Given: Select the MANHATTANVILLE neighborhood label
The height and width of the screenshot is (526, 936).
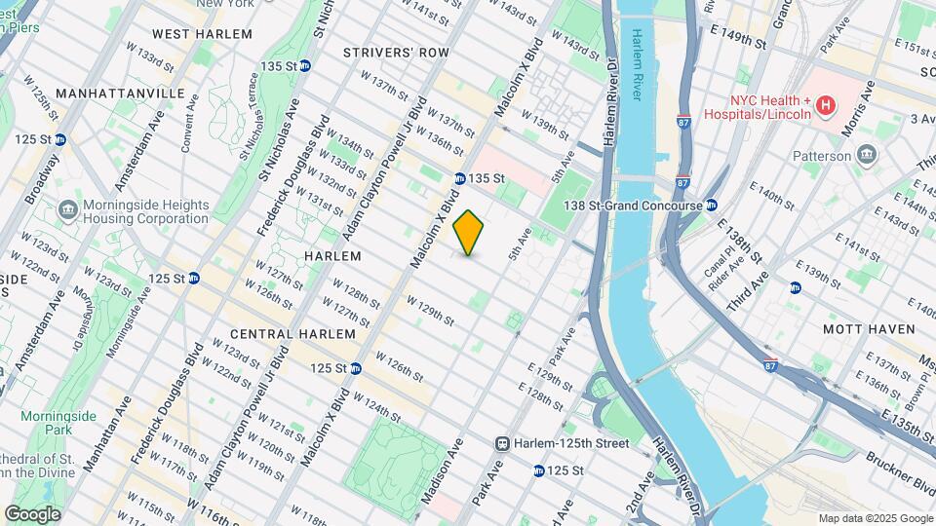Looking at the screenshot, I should pyautogui.click(x=121, y=93).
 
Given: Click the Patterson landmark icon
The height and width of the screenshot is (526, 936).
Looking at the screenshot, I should pyautogui.click(x=866, y=156).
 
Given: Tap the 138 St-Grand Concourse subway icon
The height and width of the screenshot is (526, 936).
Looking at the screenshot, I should pyautogui.click(x=712, y=206).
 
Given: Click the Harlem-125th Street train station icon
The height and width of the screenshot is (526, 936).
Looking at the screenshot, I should pyautogui.click(x=503, y=443).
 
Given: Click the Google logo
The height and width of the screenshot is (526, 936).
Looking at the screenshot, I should pyautogui.click(x=33, y=513).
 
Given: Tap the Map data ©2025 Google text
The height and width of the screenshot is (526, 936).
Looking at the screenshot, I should pyautogui.click(x=874, y=518).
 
